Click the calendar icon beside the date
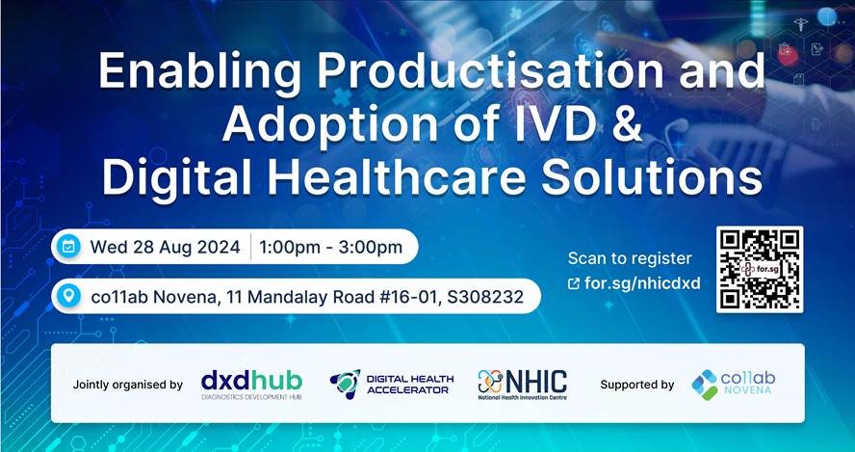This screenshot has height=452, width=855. [68, 247]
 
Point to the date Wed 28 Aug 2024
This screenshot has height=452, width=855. [166, 247]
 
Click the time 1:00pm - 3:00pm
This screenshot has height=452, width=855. [331, 247]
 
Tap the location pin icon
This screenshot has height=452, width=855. [68, 297]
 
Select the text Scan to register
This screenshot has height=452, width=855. [630, 258]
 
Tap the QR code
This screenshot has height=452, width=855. [760, 270]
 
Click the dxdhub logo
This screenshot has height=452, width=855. [251, 385]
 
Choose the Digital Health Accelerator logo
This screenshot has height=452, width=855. [392, 385]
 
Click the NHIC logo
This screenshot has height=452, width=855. [522, 385]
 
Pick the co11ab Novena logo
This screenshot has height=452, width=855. [733, 385]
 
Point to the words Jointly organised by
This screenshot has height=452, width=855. [128, 385]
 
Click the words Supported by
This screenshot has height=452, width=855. [636, 385]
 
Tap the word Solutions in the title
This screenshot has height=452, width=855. [652, 177]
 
